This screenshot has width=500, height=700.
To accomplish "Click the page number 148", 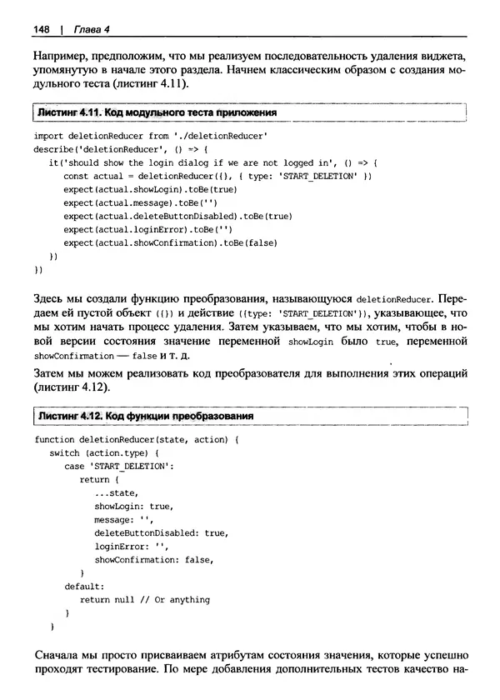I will point(42,31).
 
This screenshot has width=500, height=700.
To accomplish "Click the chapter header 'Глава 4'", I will point(90,31).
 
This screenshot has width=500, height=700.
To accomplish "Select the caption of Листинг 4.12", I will point(144,415).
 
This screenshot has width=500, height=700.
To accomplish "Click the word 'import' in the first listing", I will point(49,135).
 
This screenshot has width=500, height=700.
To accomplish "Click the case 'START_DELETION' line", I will point(118,466).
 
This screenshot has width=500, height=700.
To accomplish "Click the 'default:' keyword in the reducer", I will point(85,586).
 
